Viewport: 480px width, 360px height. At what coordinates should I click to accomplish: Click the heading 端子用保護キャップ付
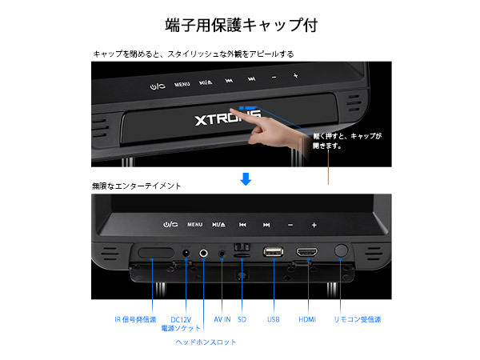coord(242,25)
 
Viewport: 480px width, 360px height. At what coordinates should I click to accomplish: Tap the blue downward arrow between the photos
coord(246,179)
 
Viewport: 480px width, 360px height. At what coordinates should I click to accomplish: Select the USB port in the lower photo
coord(273,252)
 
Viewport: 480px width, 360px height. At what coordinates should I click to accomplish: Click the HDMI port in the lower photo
coord(306,252)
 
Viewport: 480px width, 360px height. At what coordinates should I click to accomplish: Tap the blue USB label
coord(273,319)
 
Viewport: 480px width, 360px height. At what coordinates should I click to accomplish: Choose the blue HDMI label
coord(307,319)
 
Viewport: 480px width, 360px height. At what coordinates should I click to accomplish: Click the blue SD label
coord(242,319)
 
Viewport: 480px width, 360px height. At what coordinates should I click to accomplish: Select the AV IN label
coord(222,319)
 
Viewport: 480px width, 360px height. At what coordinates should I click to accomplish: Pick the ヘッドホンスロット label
coord(206,342)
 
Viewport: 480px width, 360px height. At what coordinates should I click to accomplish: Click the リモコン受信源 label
coord(358,319)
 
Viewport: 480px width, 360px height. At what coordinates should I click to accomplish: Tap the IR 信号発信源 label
coord(135,319)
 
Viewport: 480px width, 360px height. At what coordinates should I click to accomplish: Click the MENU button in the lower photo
coord(194,224)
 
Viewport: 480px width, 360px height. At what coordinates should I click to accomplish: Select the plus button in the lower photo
coord(314,225)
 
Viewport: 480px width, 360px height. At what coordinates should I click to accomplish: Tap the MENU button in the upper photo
coord(182,84)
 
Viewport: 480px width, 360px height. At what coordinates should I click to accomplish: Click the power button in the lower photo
coord(170,224)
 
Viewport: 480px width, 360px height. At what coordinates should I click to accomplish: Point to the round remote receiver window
coord(341,250)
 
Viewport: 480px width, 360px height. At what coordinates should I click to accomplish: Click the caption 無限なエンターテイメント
coord(137,186)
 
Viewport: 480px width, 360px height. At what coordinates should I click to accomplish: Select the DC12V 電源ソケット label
coord(181,324)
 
